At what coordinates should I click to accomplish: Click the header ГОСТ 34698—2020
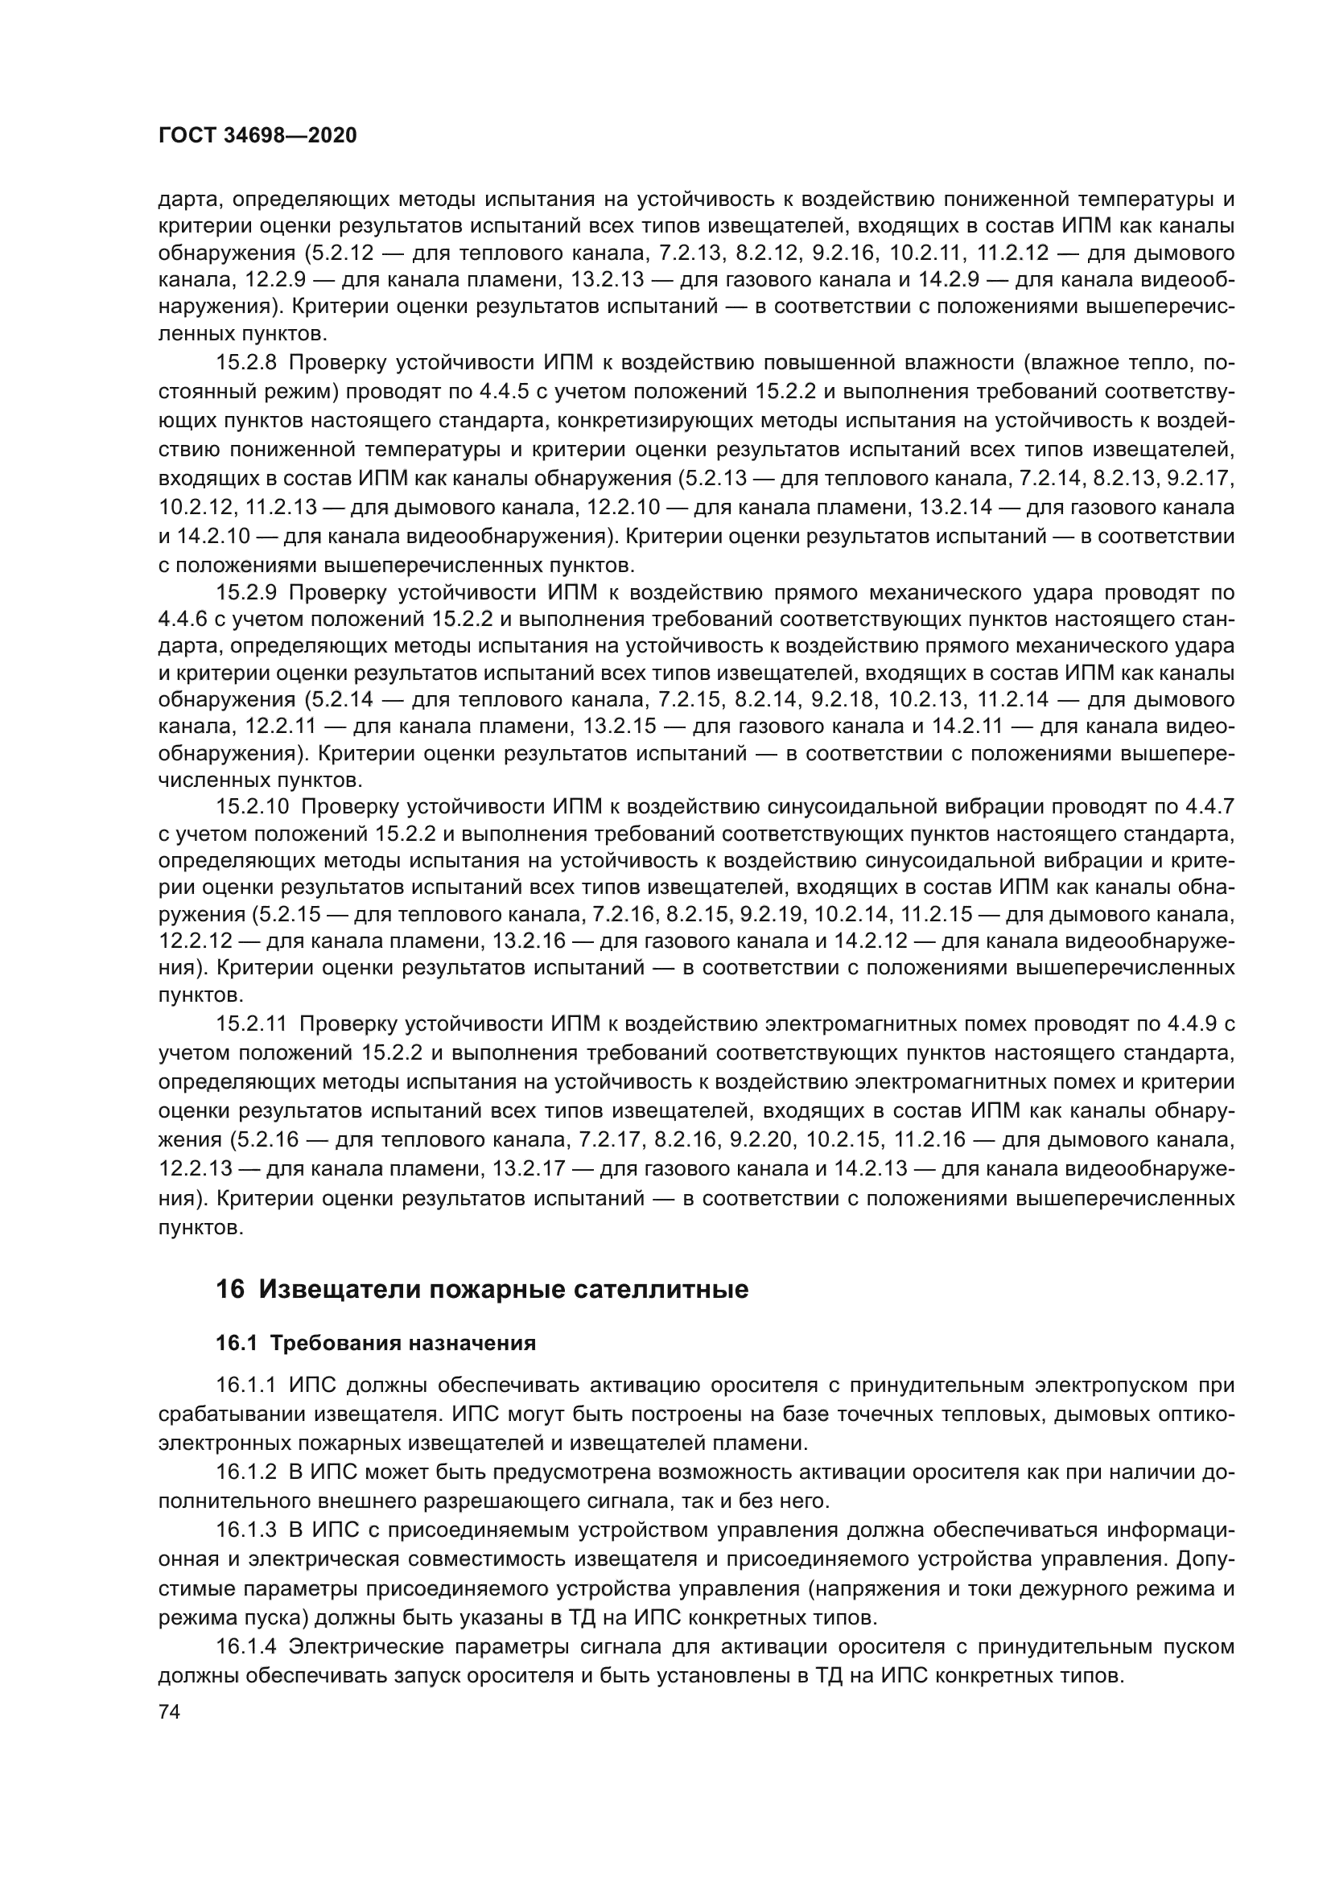(x=258, y=136)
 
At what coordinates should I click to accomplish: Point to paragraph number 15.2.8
(x=247, y=363)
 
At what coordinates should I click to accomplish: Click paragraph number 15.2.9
(x=247, y=593)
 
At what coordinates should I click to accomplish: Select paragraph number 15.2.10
(x=253, y=806)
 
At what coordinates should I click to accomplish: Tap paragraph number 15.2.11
(x=252, y=1023)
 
